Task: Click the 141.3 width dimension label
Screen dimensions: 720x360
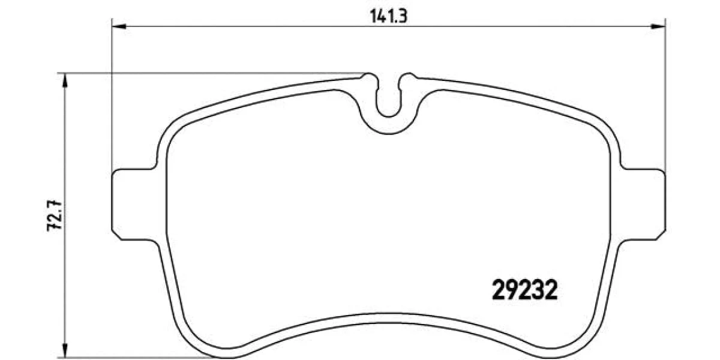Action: pos(389,16)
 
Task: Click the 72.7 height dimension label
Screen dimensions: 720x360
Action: pos(55,215)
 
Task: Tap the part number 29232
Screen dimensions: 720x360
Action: pos(524,290)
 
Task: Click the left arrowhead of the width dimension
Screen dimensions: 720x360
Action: pos(119,26)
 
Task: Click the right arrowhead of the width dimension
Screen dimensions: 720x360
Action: pos(658,26)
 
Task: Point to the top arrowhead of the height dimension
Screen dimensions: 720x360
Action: pos(65,80)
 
